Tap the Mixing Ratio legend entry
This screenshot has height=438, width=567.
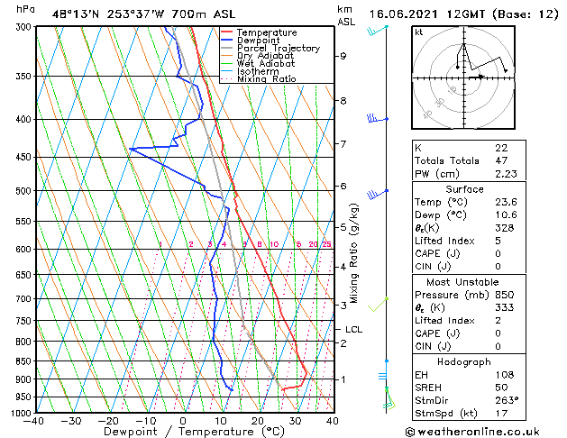pyautogui.click(x=267, y=79)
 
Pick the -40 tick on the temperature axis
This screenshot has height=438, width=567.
pyautogui.click(x=35, y=421)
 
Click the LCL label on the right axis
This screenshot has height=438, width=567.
pyautogui.click(x=353, y=330)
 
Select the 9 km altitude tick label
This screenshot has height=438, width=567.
pyautogui.click(x=343, y=56)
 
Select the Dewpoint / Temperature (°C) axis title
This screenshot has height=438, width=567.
pyautogui.click(x=183, y=432)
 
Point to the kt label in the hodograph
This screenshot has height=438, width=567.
pyautogui.click(x=419, y=32)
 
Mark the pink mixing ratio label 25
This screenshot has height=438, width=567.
pyautogui.click(x=326, y=244)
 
